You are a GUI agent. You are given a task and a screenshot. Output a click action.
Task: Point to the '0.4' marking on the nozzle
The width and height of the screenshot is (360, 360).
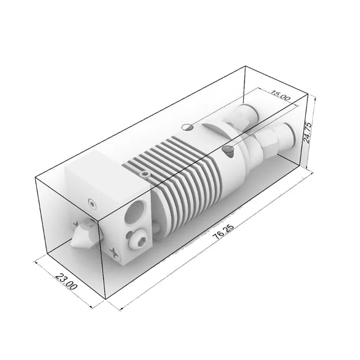point(88,224)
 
